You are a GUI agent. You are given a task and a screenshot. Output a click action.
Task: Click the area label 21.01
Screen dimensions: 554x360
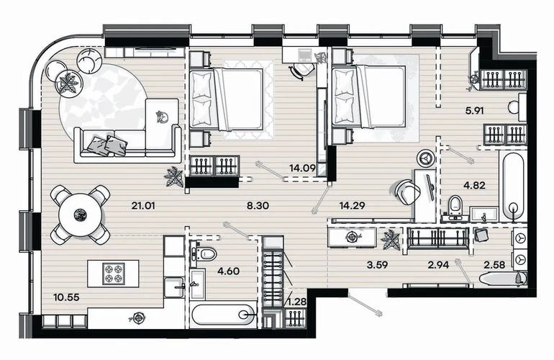(143, 205)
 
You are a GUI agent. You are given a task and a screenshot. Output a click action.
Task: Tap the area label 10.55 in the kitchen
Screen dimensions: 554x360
(66, 297)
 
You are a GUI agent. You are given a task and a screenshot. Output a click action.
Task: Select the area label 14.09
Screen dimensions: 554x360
(302, 168)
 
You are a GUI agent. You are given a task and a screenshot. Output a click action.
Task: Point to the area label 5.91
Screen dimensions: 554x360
(474, 111)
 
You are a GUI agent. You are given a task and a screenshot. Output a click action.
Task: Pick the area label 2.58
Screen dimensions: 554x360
(494, 264)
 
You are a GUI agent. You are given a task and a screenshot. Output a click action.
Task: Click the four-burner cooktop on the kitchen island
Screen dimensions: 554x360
(114, 274)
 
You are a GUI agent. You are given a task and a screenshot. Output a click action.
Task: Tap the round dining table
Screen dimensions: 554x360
(81, 215)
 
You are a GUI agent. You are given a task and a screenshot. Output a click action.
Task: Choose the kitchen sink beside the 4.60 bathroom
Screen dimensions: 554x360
(174, 287)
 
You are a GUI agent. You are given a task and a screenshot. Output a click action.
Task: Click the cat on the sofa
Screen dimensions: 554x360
(163, 117)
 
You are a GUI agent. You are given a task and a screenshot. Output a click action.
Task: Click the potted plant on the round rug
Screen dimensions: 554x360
(68, 83)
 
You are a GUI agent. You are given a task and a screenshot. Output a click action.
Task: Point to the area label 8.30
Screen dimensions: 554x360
(258, 205)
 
